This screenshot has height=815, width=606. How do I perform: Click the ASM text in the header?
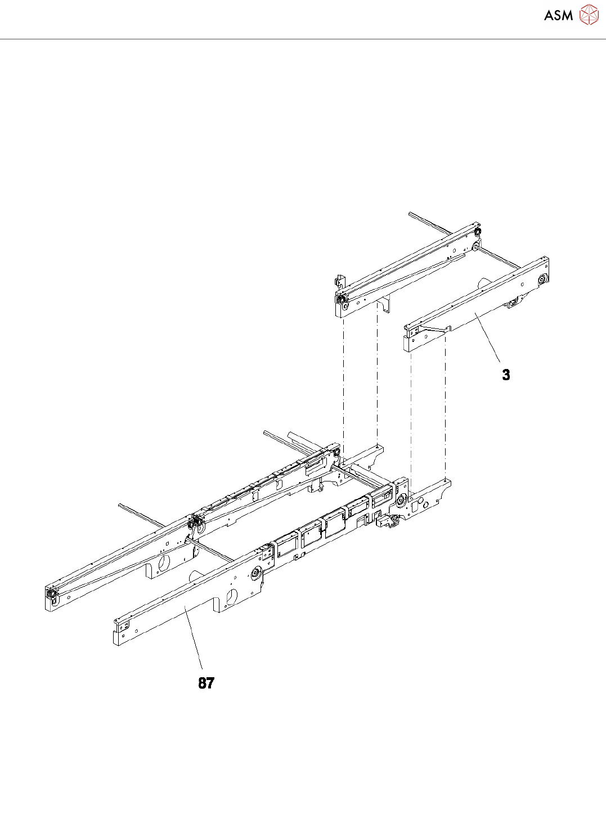558,15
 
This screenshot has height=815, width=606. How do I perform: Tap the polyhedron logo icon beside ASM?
589,15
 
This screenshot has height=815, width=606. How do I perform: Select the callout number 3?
506,375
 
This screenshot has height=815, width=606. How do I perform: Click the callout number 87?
206,683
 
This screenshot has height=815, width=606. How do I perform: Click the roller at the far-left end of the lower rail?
51,594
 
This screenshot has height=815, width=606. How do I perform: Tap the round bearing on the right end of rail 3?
543,280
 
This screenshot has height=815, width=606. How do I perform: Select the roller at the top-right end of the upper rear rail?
477,232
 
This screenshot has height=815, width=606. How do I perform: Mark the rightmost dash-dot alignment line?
445,405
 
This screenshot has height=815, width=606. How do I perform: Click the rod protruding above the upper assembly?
428,222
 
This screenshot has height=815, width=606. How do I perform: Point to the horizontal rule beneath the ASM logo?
303,39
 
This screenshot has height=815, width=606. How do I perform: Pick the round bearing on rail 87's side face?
255,574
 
